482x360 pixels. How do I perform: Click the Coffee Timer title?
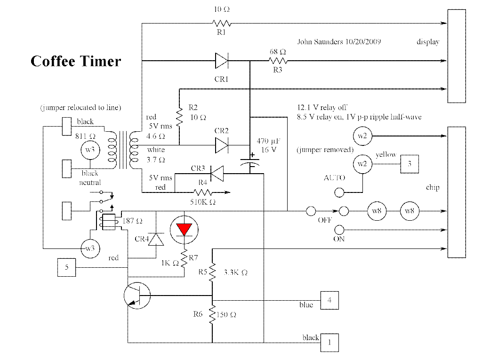(x=75, y=61)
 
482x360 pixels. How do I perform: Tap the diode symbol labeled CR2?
(x=222, y=145)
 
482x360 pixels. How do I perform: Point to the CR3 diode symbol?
(x=216, y=175)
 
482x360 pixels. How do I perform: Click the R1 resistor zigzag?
(x=222, y=23)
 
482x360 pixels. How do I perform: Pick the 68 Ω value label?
(x=278, y=51)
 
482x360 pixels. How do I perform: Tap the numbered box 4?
(x=329, y=300)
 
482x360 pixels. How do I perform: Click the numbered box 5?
(x=66, y=267)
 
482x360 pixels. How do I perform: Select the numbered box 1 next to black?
(x=329, y=343)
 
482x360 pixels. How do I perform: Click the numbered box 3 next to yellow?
(x=410, y=164)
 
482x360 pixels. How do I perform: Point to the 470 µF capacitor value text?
(x=269, y=141)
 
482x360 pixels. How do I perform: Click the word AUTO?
(x=335, y=178)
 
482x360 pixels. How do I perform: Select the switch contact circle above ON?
(x=339, y=230)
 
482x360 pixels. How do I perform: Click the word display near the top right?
(x=428, y=42)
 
